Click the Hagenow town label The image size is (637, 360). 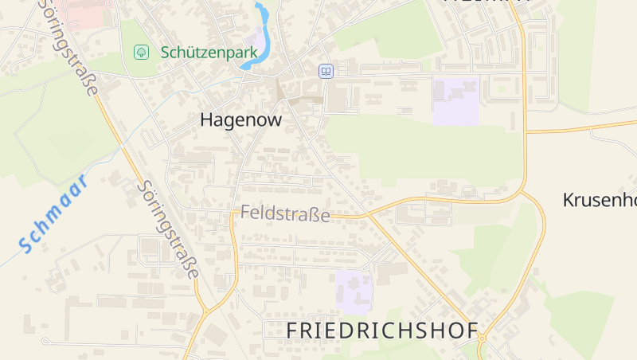click(x=240, y=119)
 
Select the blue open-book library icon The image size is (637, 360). click(x=325, y=72)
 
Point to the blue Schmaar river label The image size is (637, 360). click(x=53, y=213)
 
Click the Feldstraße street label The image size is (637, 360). click(x=284, y=213)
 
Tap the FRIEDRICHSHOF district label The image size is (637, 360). click(x=381, y=330)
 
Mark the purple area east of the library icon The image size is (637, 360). click(x=455, y=100)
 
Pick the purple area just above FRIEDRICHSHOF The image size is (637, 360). click(x=354, y=290)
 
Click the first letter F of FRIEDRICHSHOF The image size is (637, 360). click(x=292, y=330)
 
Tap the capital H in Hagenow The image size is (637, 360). click(x=207, y=119)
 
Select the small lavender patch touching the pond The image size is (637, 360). click(x=255, y=40)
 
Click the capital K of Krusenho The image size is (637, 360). click(x=569, y=200)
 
